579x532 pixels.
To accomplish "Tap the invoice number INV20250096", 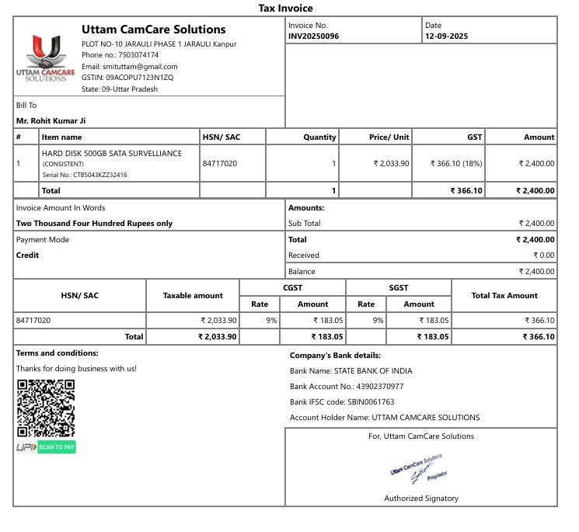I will pos(313,37).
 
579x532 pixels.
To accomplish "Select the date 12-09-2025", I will pos(446,37).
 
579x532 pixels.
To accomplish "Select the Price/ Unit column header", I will pos(389,137).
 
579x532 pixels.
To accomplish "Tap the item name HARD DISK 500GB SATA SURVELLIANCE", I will pos(112,154).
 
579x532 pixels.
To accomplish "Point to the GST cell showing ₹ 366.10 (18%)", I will pos(456,164).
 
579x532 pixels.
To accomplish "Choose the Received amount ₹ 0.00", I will pos(543,256).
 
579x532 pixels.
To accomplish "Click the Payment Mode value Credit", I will pos(27,256).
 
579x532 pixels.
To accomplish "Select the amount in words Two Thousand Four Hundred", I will pos(94,224).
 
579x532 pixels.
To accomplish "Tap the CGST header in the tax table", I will pos(293,287).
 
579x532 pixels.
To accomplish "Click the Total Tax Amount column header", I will pos(504,295).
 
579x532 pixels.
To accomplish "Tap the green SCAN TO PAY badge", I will pos(57,447).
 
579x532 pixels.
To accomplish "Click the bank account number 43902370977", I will pos(379,386).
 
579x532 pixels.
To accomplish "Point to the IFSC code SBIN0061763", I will pos(371,402).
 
